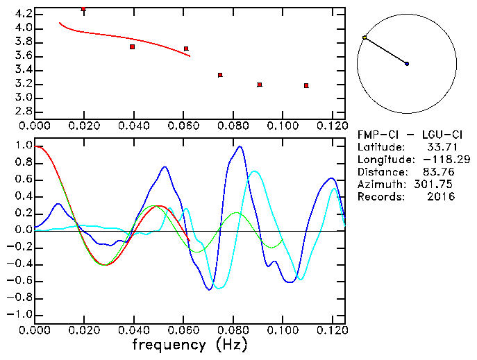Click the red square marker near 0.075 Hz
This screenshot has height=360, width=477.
click(x=220, y=75)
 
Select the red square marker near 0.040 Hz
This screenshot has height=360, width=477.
click(x=132, y=46)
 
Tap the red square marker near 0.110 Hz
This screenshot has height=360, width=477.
click(x=306, y=85)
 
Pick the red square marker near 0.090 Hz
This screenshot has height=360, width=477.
click(x=260, y=85)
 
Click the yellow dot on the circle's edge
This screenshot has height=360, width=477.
click(x=365, y=37)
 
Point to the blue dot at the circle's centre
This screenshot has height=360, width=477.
click(x=407, y=64)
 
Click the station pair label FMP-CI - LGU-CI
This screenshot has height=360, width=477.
click(x=406, y=135)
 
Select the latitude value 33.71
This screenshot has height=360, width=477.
click(x=440, y=147)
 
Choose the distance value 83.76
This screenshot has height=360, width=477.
click(x=440, y=172)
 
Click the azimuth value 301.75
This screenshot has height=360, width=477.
click(x=437, y=185)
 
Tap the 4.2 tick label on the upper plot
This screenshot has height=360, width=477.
click(x=23, y=14)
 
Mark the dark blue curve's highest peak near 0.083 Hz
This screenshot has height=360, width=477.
click(x=240, y=146)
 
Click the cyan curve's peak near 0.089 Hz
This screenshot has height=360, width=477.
click(x=255, y=171)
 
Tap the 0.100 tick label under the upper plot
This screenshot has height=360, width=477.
click(x=283, y=126)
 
